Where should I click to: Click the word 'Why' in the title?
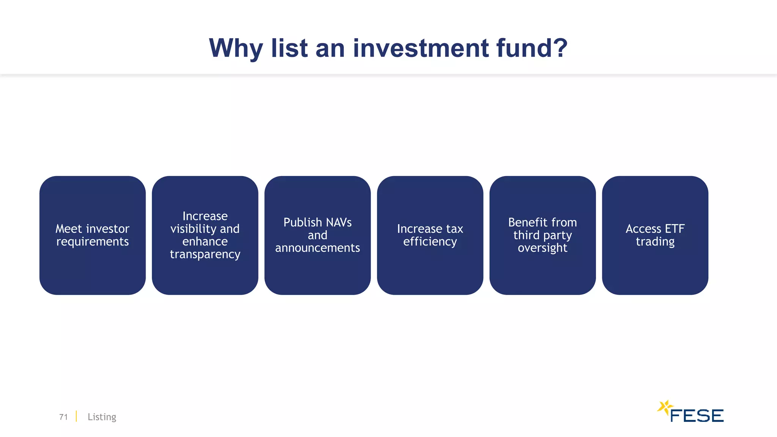(236, 49)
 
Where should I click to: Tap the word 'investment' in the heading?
(421, 48)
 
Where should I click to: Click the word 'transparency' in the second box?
(205, 254)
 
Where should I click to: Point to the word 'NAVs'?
(338, 222)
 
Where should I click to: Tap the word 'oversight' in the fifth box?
(543, 248)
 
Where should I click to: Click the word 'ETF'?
(675, 229)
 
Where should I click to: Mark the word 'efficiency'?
(430, 242)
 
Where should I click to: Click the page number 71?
(63, 417)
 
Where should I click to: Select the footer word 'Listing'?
(102, 417)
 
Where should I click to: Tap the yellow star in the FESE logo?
(665, 408)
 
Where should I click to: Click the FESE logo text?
(697, 416)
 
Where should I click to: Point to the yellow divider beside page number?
(76, 416)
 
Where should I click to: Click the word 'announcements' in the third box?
(317, 248)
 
